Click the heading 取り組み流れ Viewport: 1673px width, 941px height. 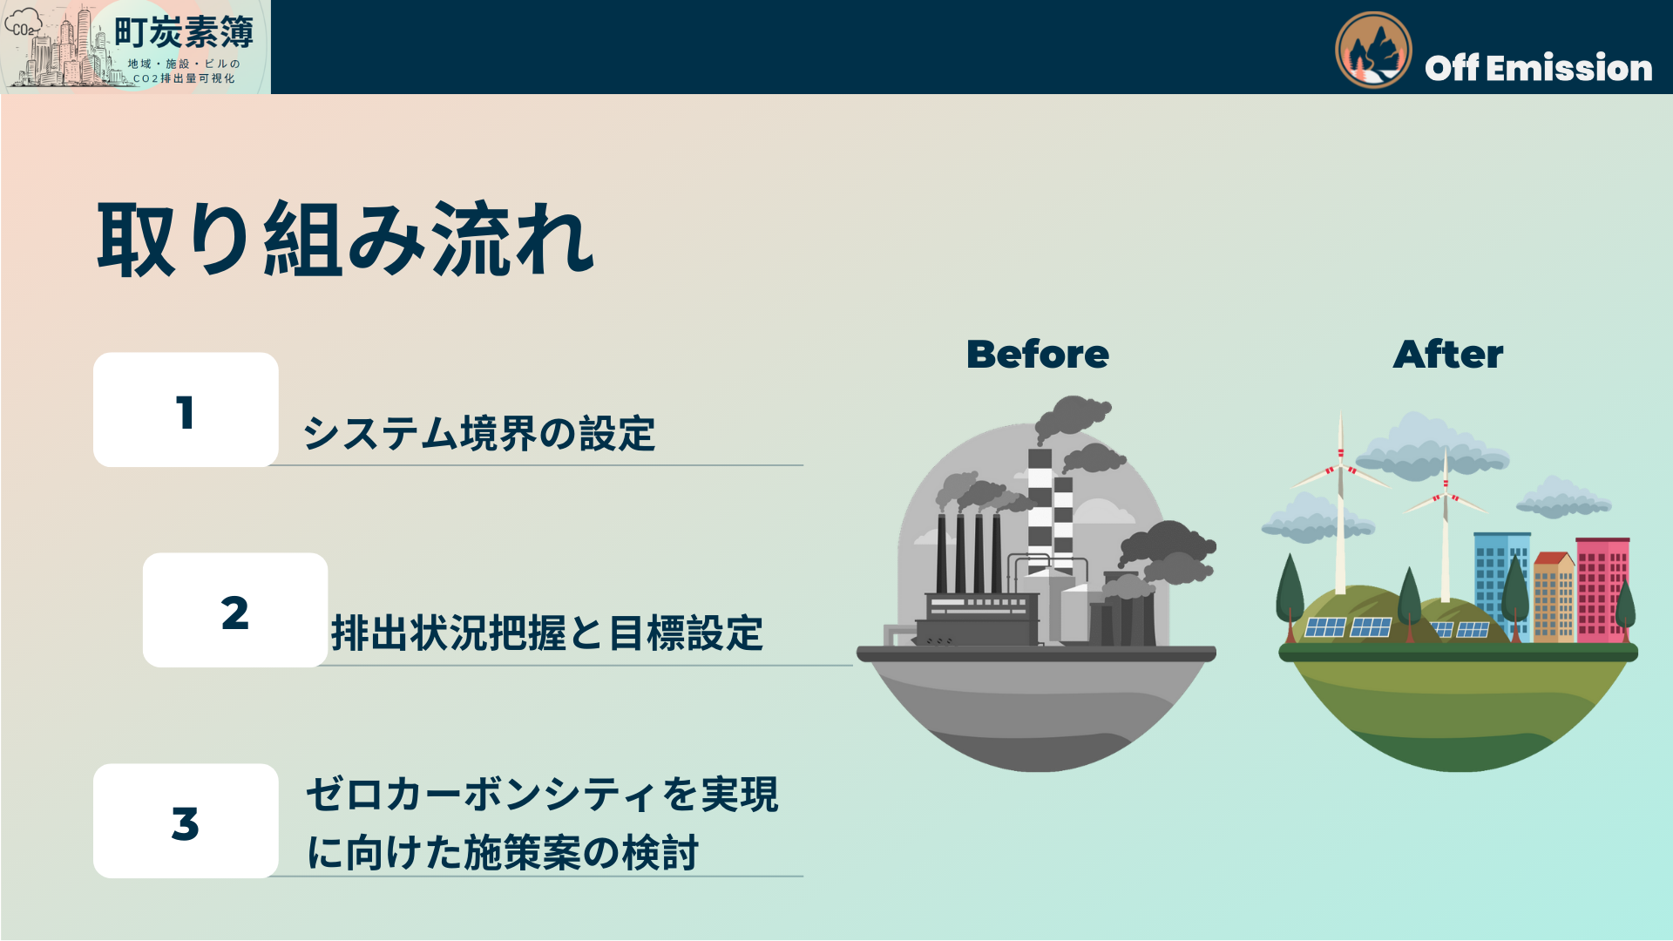click(345, 240)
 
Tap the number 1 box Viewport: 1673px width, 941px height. click(186, 410)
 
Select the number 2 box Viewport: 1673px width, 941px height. click(235, 611)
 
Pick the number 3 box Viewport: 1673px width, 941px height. click(186, 822)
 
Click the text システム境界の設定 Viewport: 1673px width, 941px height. click(478, 433)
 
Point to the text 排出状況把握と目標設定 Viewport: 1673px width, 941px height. click(546, 633)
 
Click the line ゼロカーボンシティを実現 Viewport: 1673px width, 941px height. click(541, 794)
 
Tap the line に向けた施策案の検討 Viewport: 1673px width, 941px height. click(503, 851)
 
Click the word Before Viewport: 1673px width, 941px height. click(1037, 354)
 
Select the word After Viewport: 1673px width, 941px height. click(1447, 354)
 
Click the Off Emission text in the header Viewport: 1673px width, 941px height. click(1538, 68)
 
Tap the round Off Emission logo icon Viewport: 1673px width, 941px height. click(1373, 51)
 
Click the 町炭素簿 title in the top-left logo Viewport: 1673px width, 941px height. click(184, 33)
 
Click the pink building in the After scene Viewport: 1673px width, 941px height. click(1602, 588)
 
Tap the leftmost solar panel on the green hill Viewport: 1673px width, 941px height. click(1324, 627)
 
